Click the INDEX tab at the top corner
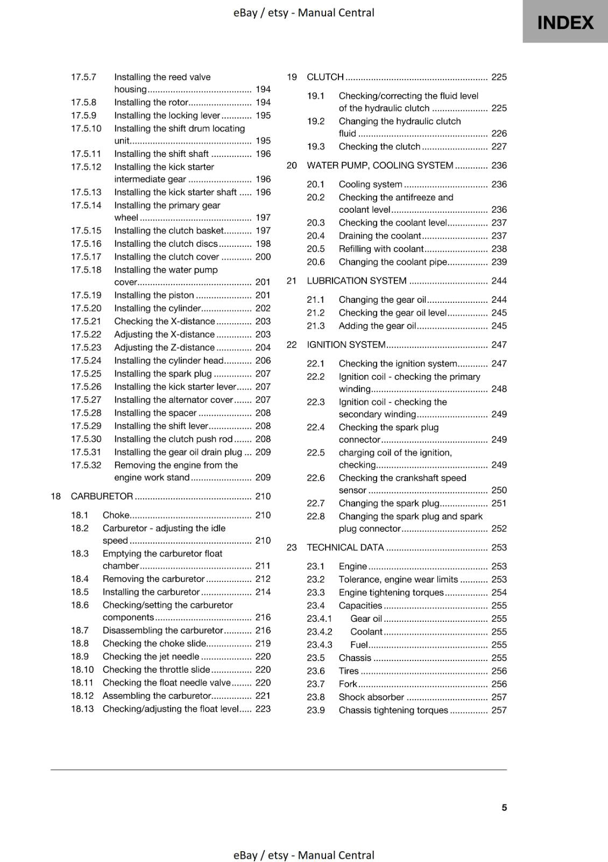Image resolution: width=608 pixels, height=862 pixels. click(565, 22)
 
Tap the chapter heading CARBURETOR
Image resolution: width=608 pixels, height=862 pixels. click(102, 496)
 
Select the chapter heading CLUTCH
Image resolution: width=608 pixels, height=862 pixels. click(325, 77)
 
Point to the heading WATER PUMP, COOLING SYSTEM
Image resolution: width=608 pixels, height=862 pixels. click(380, 165)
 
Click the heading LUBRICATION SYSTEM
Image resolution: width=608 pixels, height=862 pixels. click(356, 281)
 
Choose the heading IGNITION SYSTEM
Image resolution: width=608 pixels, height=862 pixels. click(346, 345)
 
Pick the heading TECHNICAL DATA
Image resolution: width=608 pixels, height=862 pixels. click(345, 547)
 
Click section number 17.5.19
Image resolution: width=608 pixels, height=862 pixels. click(86, 295)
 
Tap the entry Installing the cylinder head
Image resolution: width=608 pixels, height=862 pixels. click(168, 360)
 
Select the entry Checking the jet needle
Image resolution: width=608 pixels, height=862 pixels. click(151, 656)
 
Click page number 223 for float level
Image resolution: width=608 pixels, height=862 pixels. click(263, 709)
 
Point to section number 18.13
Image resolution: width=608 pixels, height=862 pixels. click(82, 709)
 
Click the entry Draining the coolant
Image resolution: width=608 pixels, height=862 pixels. click(379, 236)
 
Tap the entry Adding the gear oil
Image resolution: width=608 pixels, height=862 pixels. click(377, 326)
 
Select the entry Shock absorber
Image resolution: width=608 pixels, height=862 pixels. click(371, 697)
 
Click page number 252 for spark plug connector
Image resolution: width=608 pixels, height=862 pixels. click(499, 529)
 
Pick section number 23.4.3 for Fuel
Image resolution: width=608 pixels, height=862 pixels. click(320, 645)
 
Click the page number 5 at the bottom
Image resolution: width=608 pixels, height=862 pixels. click(504, 808)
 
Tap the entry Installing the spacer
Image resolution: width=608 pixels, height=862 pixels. click(155, 413)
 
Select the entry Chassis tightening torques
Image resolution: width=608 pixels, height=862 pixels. click(393, 710)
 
